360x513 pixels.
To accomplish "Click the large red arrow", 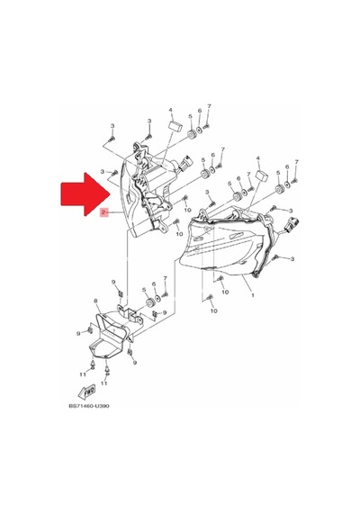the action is click(85, 194).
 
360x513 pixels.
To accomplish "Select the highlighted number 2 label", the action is click(103, 212).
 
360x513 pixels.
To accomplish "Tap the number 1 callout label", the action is click(252, 295).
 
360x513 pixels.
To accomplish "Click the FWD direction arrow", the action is click(86, 391).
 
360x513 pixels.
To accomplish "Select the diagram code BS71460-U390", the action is click(89, 406).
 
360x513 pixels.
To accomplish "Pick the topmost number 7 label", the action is click(209, 106).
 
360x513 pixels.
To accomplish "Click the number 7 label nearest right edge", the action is click(296, 162).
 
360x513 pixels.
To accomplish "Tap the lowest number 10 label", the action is click(213, 310).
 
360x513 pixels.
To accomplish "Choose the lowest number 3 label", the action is click(292, 259).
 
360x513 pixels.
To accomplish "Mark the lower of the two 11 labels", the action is click(103, 383).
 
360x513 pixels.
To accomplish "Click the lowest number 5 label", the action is click(144, 290).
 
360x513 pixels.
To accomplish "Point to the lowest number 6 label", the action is click(155, 285).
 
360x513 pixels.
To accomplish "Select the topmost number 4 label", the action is click(170, 110).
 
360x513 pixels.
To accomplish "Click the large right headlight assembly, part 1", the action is click(226, 242).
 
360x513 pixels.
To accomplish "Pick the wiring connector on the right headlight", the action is click(291, 225).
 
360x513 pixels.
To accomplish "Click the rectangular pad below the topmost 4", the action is click(175, 126).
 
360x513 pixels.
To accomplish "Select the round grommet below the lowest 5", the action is click(150, 302).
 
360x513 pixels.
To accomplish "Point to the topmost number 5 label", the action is click(190, 116).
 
